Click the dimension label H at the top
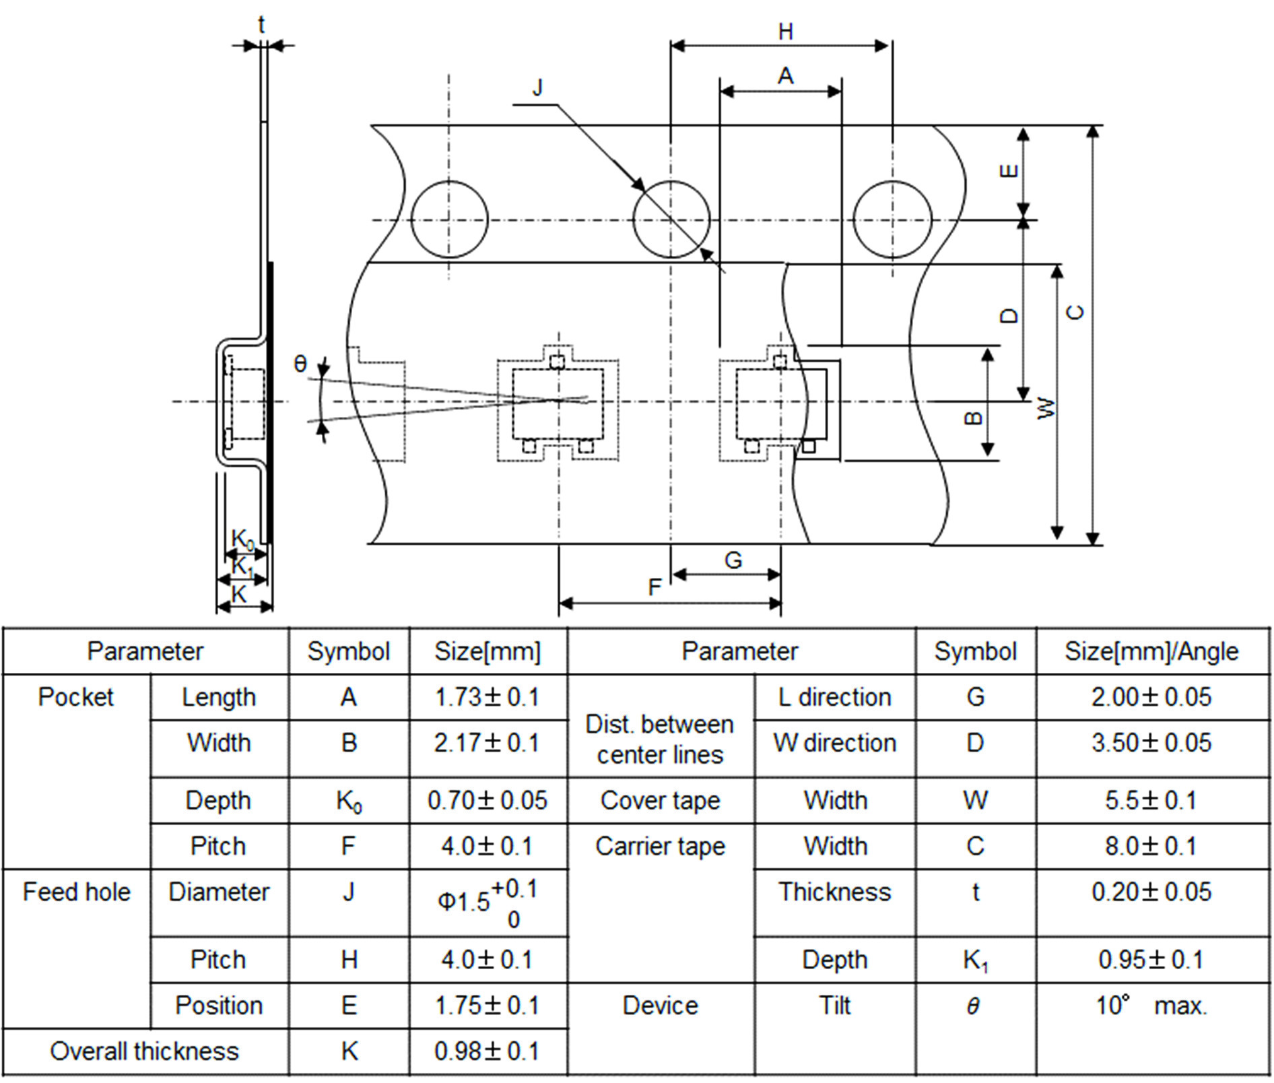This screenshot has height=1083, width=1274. coord(785,32)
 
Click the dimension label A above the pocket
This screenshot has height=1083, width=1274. coord(785,76)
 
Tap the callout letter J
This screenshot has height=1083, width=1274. coord(537,88)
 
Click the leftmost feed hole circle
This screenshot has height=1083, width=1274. coord(449,219)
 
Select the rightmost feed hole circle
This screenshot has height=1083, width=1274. coord(892,219)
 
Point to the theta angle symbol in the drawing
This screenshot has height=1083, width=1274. coord(300,364)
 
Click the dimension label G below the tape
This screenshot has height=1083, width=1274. coord(733,560)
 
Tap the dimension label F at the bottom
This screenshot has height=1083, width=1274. coord(655,587)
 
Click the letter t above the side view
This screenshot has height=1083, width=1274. coord(261,26)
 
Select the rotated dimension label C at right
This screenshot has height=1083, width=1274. coord(1075,313)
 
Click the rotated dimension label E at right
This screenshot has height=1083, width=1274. coord(1009,171)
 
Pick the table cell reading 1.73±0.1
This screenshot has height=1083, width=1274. coord(488,697)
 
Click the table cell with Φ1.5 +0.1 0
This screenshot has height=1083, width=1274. coord(488,902)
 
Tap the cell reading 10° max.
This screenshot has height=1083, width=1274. coord(1151,1006)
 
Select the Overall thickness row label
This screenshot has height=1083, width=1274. coord(145,1051)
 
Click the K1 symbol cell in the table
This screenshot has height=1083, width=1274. coord(975,960)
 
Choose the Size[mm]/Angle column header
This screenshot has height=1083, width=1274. coord(1151,651)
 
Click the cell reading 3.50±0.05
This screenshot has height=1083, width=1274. coord(1151,743)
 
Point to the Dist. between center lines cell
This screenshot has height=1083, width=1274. coord(660,739)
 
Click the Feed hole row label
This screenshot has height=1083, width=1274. coord(76,892)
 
